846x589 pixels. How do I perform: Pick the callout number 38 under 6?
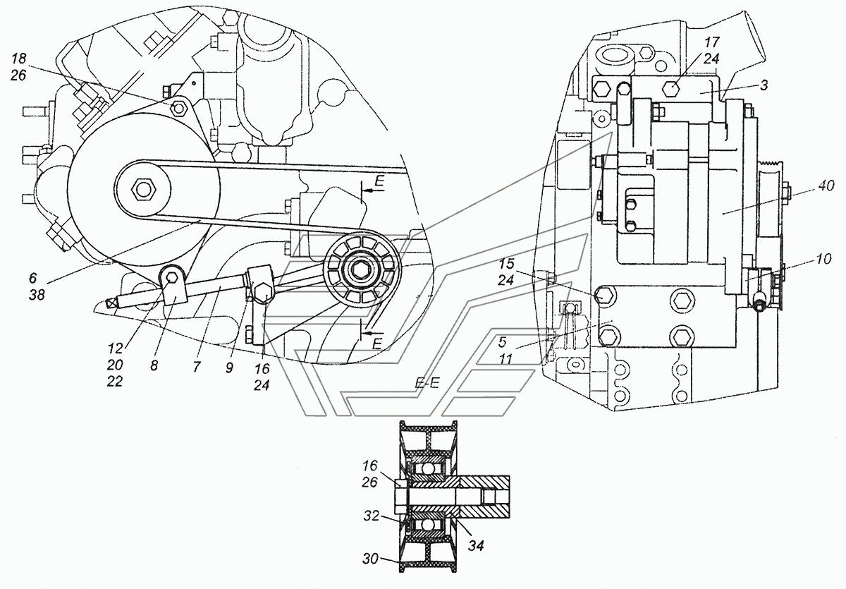click(37, 296)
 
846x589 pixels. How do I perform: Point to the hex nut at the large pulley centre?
click(144, 189)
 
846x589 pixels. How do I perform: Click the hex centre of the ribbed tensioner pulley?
click(362, 269)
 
